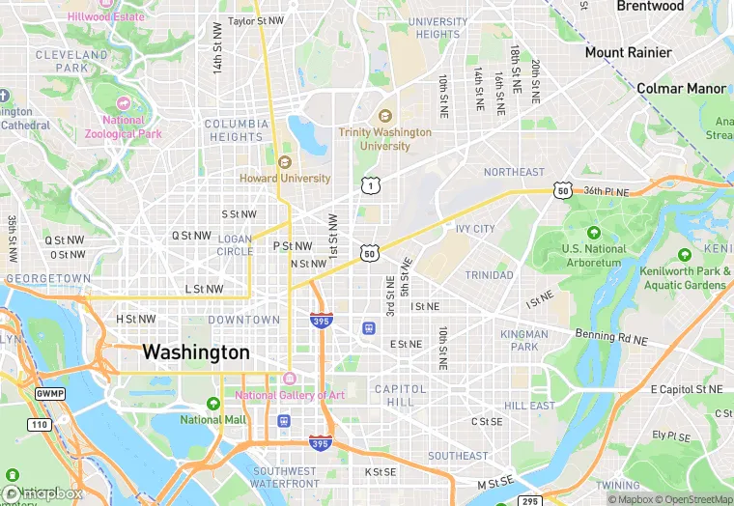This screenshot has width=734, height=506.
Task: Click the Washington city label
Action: click(x=196, y=352)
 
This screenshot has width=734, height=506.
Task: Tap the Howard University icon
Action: click(x=284, y=162)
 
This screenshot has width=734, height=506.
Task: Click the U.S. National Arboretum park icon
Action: click(x=593, y=233)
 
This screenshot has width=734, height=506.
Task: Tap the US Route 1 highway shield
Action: click(x=370, y=184)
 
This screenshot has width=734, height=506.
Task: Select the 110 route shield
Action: click(x=39, y=424)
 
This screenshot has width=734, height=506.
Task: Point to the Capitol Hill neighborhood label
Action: click(x=400, y=395)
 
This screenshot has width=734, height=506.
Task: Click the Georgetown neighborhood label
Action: click(x=48, y=278)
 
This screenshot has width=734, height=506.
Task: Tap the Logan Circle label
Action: click(x=235, y=244)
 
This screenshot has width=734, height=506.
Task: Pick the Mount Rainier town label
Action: click(x=628, y=52)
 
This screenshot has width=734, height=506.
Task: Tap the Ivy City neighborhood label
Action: click(x=475, y=229)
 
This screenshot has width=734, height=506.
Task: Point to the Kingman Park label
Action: click(x=524, y=340)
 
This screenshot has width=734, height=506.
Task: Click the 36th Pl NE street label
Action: click(x=606, y=191)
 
